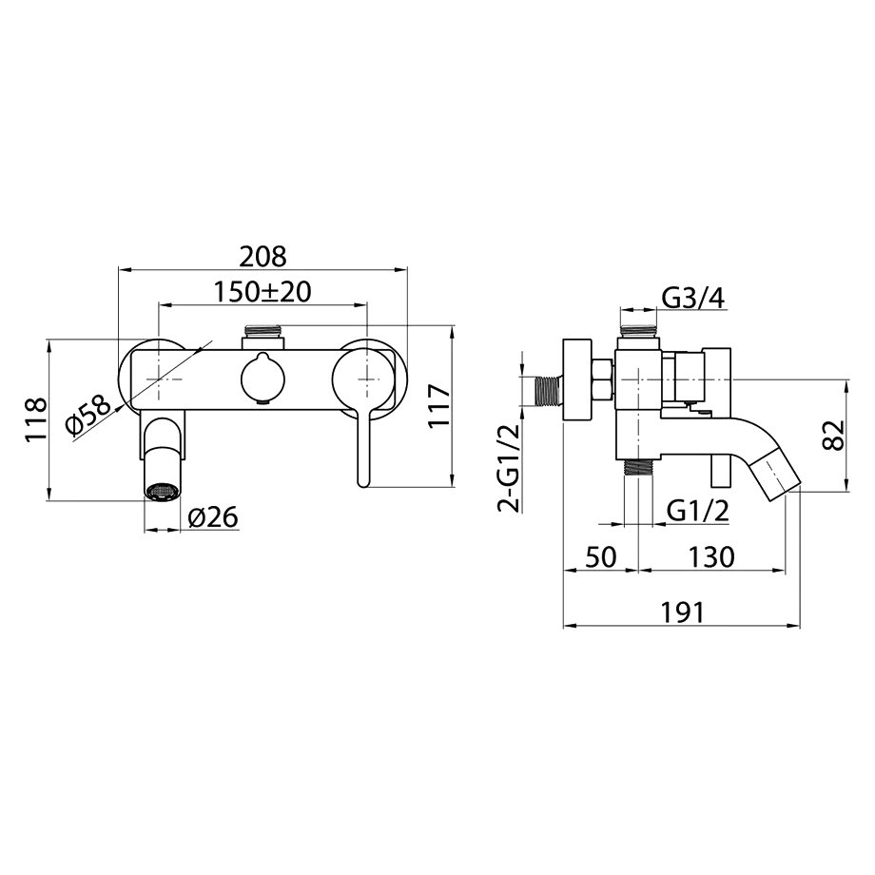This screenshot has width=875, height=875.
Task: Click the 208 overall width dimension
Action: pyautogui.click(x=262, y=257)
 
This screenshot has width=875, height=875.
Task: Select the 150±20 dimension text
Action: pyautogui.click(x=262, y=291)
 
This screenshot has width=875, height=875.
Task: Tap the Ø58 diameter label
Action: pyautogui.click(x=88, y=417)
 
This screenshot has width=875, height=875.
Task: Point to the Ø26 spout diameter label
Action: pyautogui.click(x=213, y=516)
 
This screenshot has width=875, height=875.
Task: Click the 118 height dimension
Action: pyautogui.click(x=37, y=419)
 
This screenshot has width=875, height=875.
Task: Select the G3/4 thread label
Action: pyautogui.click(x=693, y=299)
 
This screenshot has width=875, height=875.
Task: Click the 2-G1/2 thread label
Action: pyautogui.click(x=509, y=468)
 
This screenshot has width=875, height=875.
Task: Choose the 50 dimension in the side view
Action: pyautogui.click(x=601, y=556)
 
